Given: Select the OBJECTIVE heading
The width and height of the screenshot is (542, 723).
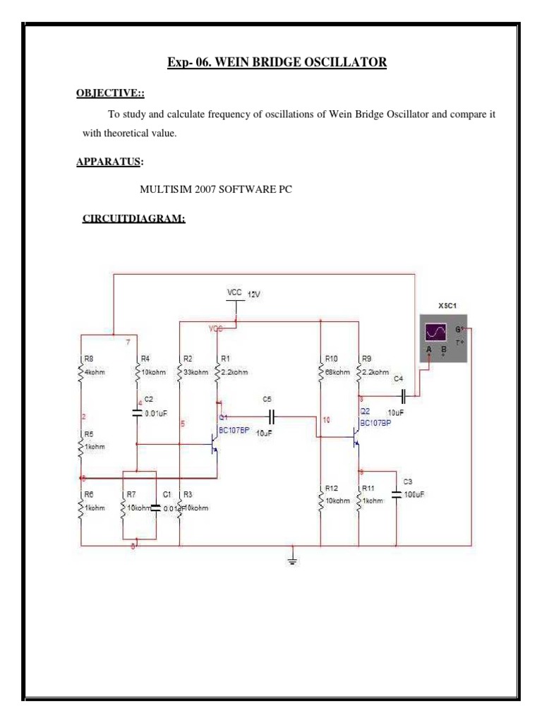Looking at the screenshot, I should tap(111, 95).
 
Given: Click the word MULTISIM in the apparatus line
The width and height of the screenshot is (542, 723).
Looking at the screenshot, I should tap(166, 189).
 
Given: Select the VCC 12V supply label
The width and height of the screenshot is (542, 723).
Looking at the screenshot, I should tap(243, 293).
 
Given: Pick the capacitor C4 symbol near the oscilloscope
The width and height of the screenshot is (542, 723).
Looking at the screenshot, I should tap(402, 393).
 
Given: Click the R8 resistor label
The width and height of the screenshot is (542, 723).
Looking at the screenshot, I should tap(88, 359).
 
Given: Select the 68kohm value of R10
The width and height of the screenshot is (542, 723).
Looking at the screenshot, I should tap(338, 372).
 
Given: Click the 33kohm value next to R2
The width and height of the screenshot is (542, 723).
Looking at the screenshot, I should tap(195, 372).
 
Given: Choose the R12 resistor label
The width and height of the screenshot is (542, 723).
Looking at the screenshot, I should tap(331, 488).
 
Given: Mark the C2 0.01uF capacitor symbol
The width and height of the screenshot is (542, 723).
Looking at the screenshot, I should tap(138, 414).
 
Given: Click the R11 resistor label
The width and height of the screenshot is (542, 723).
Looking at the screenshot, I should tap(368, 488).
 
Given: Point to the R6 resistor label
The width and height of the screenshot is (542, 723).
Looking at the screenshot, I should tap(88, 495).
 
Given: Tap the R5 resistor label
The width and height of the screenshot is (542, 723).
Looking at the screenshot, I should tap(88, 434).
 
